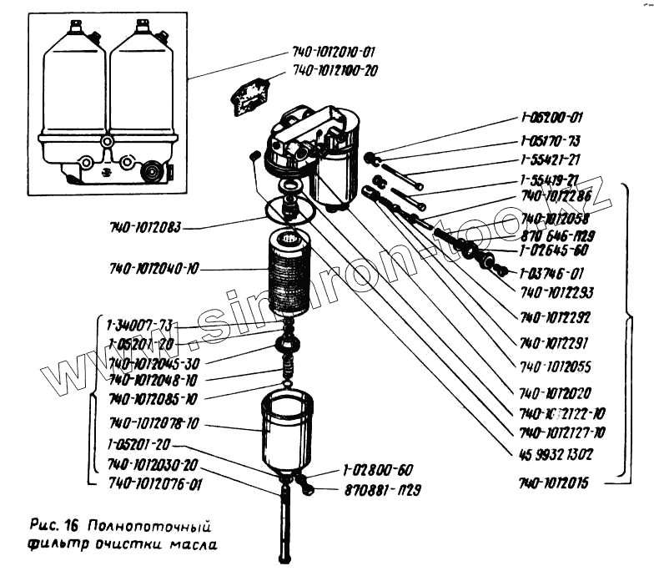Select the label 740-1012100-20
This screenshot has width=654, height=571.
pos(335,71)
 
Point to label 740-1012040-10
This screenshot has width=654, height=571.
pos(153,269)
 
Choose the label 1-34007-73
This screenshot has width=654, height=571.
pos(140,325)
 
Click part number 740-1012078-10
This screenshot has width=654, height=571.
pos(153,425)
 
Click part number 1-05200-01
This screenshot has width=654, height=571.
pos(551,119)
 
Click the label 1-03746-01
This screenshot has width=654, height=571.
pos(551,273)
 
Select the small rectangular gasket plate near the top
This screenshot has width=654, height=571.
pos(251,95)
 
